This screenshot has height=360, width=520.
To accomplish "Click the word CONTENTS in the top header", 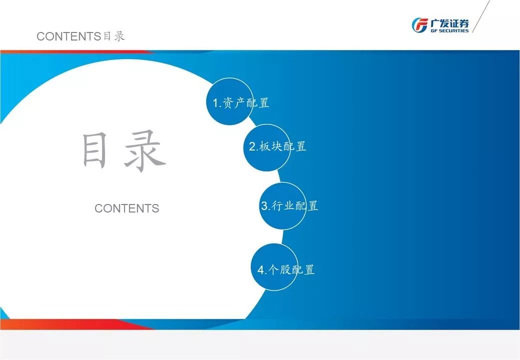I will click(x=68, y=36).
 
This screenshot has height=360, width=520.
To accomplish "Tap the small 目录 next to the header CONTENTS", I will click(x=113, y=36).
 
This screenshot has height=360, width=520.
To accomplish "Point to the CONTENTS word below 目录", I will click(x=127, y=208).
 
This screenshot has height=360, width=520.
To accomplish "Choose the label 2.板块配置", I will click(x=277, y=146).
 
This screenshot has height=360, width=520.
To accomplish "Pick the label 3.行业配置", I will click(x=289, y=205).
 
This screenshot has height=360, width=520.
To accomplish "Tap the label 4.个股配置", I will click(x=286, y=270).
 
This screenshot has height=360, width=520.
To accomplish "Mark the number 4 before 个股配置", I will click(x=260, y=270).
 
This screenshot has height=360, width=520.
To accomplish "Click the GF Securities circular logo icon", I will click(x=419, y=24).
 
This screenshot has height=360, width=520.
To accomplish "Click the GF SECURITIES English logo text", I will click(x=449, y=30).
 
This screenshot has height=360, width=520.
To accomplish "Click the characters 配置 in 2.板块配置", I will click(x=295, y=146).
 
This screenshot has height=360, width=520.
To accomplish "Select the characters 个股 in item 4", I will click(x=279, y=270).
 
